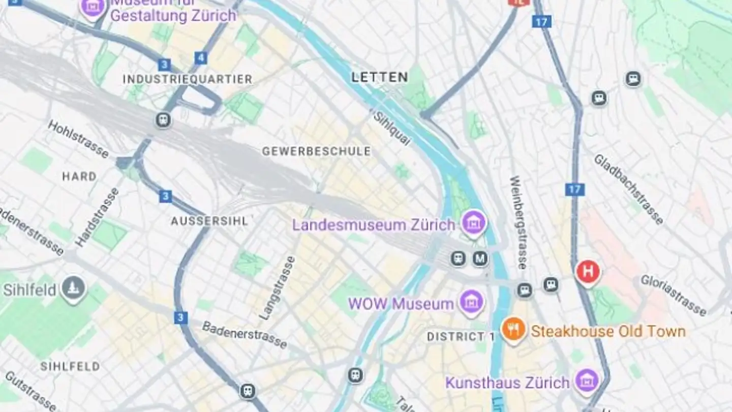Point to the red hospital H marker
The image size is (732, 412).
click(588, 272)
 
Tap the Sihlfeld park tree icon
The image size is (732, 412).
click(74, 288)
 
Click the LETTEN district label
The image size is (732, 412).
click(380, 77)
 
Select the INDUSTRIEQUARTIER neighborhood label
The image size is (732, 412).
click(188, 79)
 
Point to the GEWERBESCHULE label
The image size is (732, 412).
click(316, 152)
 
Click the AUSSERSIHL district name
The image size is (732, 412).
click(209, 221)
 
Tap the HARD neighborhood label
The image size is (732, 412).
click(79, 176)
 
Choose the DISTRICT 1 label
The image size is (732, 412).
click(461, 337)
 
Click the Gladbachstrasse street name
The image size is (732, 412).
click(628, 189)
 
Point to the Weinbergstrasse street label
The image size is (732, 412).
click(519, 222)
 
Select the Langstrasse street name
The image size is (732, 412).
click(277, 288)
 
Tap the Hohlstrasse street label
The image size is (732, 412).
click(78, 139)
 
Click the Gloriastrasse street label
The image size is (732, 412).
click(673, 295)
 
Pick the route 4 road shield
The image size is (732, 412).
click(201, 58)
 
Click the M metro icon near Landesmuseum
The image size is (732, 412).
click(480, 258)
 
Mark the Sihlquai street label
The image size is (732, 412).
click(391, 128)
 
